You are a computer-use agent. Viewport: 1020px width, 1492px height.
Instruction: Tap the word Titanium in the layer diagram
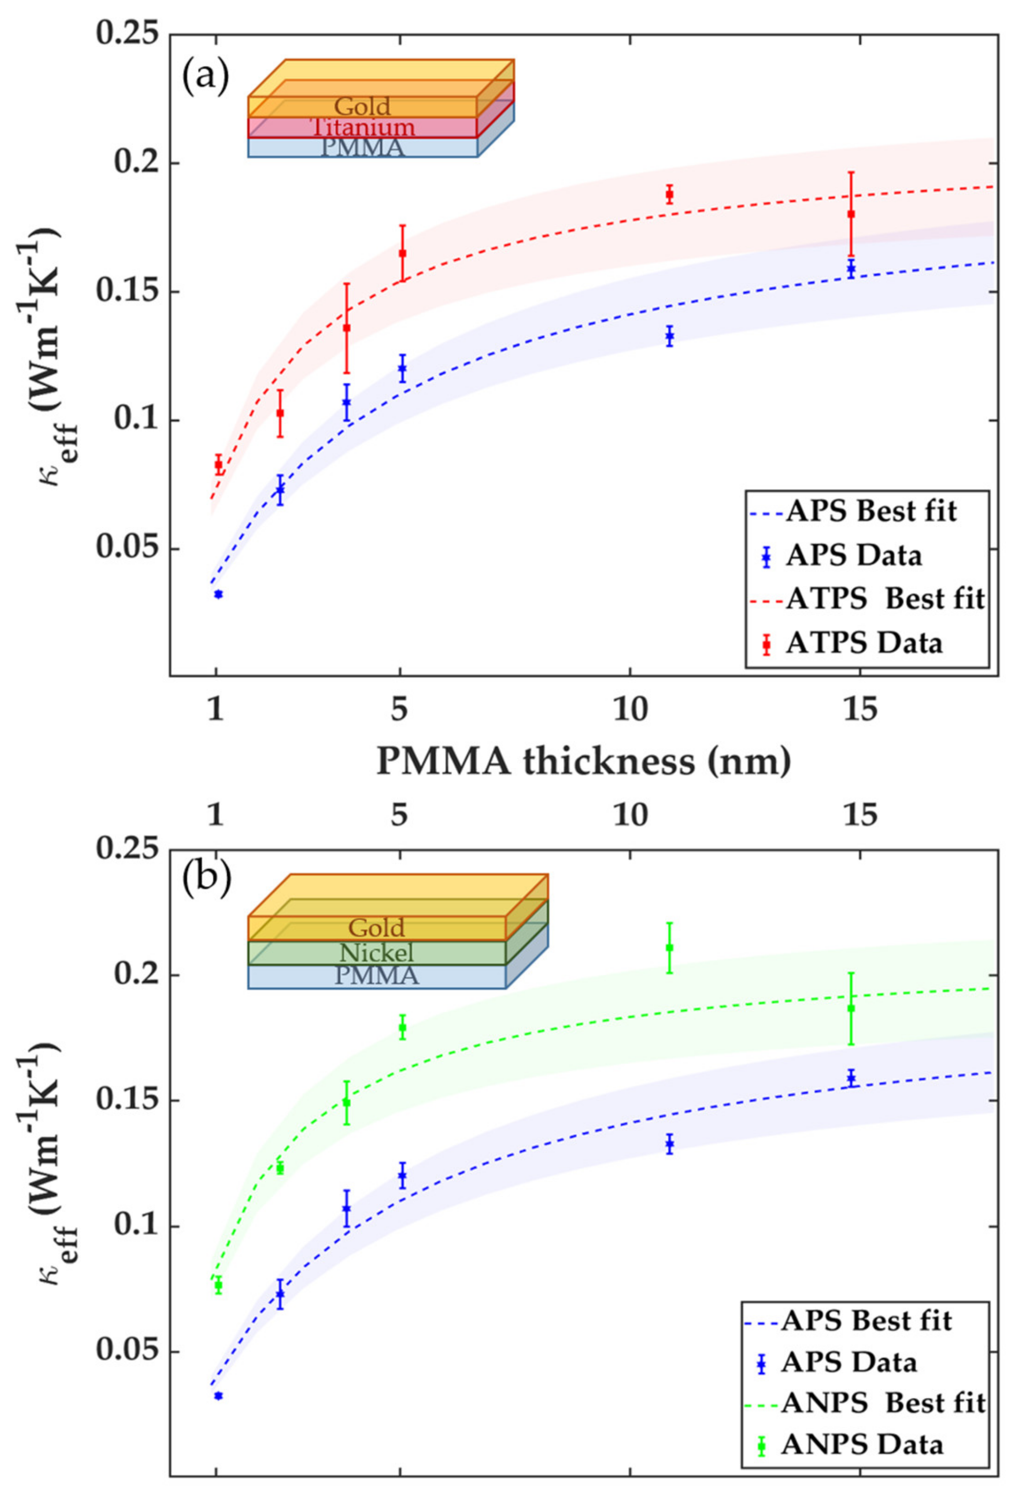363,127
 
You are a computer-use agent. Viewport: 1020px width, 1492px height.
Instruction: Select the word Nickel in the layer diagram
376,952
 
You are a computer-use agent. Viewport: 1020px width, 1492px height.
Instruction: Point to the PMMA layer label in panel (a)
363,147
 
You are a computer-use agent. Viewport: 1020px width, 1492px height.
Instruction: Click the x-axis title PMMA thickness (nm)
583,761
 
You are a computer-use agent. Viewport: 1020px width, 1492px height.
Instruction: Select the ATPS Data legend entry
865,643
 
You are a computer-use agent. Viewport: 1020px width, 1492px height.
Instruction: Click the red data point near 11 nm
669,194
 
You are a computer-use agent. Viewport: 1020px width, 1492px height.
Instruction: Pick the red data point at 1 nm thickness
218,464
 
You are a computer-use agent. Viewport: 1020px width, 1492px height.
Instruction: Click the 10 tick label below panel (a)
630,711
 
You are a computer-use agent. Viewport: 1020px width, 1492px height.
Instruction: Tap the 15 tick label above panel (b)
860,816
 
